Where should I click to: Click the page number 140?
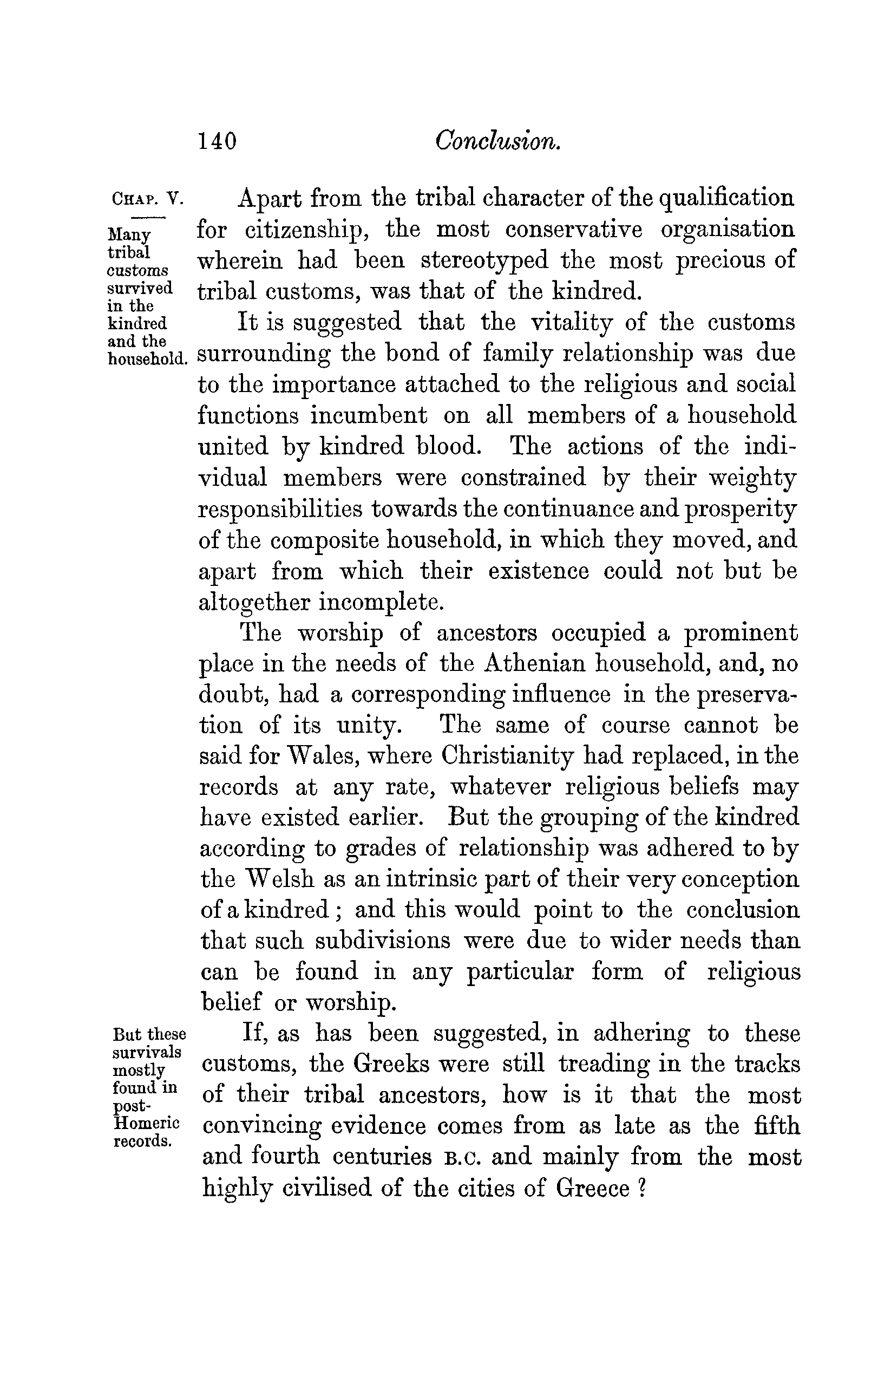[x=218, y=141]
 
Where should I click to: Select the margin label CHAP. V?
[x=147, y=200]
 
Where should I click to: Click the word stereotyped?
[x=484, y=261]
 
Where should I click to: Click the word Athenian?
[x=535, y=663]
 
